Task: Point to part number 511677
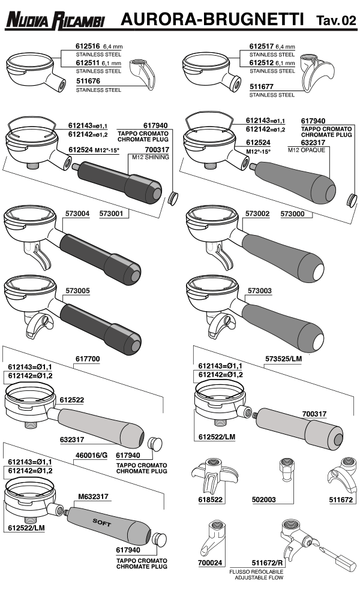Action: pyautogui.click(x=262, y=87)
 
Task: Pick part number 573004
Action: pyautogui.click(x=77, y=213)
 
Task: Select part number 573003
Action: pyautogui.click(x=259, y=290)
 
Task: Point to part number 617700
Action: pyautogui.click(x=88, y=358)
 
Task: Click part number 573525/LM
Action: pyautogui.click(x=283, y=358)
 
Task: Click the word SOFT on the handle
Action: pyautogui.click(x=101, y=522)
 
